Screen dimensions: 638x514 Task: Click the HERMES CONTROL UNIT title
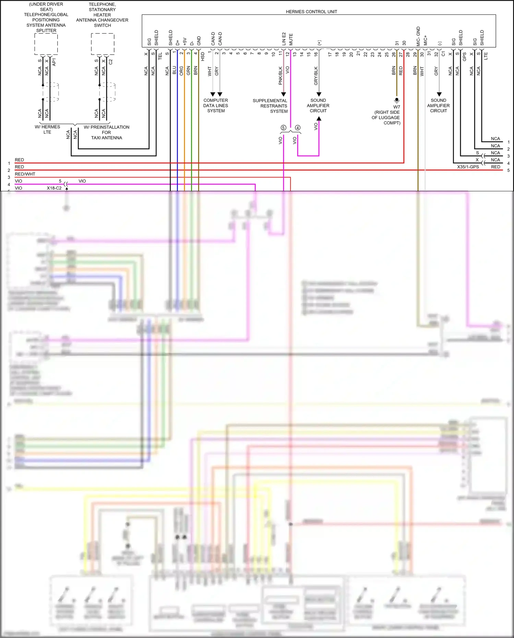coord(311,12)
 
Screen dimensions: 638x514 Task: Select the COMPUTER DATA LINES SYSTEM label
coord(216,106)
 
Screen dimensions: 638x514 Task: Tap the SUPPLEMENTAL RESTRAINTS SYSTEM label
coord(270,106)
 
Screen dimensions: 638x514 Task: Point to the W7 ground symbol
coord(397,101)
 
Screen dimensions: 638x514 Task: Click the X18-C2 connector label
coord(54,188)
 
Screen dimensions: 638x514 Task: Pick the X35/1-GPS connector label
coord(468,167)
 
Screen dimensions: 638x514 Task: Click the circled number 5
coord(283,128)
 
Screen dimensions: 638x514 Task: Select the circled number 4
coord(298,128)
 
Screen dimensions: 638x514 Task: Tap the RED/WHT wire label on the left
coord(25,174)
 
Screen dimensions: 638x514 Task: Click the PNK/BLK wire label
coord(280,76)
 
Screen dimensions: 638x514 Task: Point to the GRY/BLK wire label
coord(316,76)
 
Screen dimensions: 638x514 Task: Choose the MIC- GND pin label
coord(418,36)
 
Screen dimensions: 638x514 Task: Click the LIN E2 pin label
coord(284,39)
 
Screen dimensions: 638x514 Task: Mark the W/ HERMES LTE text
coord(47,130)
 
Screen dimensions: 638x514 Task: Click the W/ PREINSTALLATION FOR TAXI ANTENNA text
coord(107,132)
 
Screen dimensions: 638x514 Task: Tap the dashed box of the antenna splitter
coord(46,44)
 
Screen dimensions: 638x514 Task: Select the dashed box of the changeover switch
coord(103,44)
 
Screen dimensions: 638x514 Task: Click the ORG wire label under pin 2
coord(181,71)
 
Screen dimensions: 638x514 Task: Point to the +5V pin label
coord(184,41)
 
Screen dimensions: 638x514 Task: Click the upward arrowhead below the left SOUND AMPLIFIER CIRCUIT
coord(319,119)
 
